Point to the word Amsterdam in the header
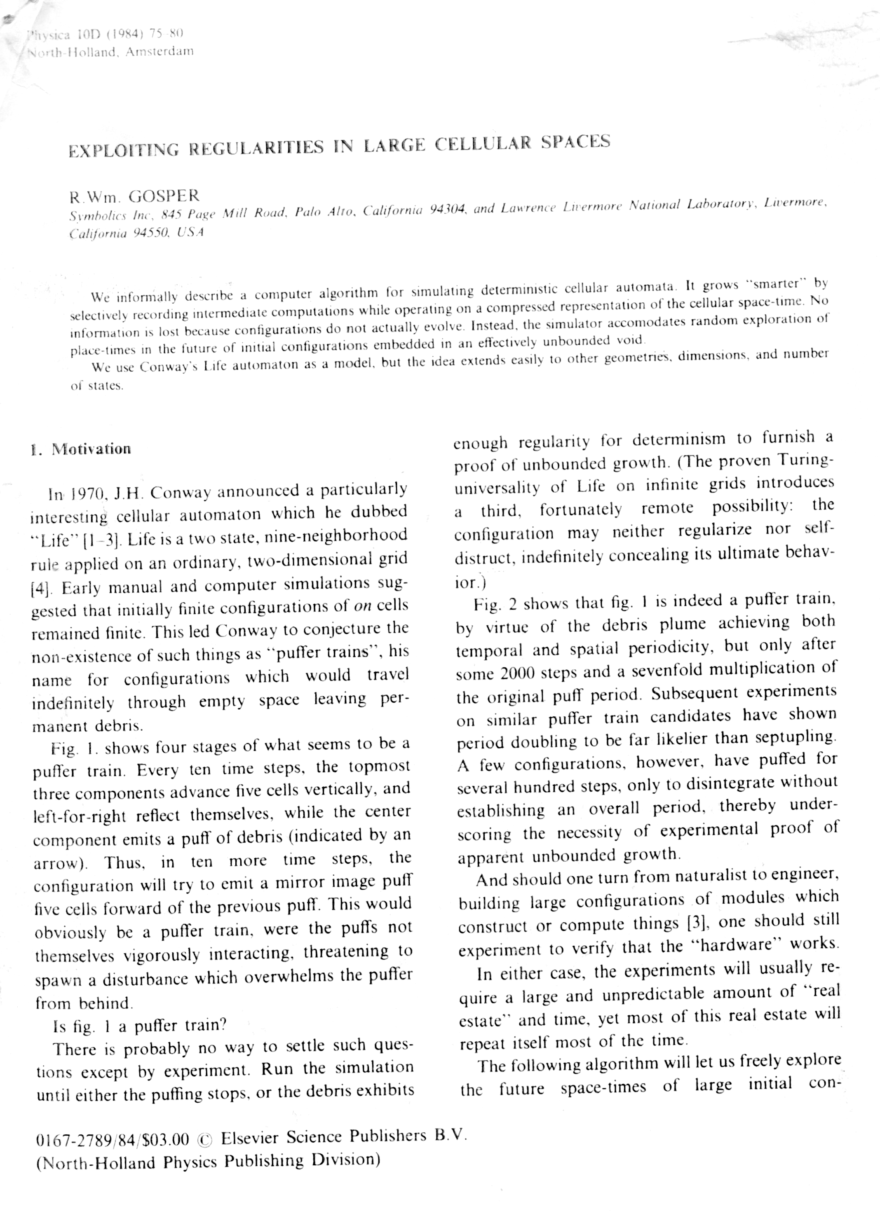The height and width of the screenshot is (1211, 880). [x=159, y=52]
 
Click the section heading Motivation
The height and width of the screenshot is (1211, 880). [x=91, y=449]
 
